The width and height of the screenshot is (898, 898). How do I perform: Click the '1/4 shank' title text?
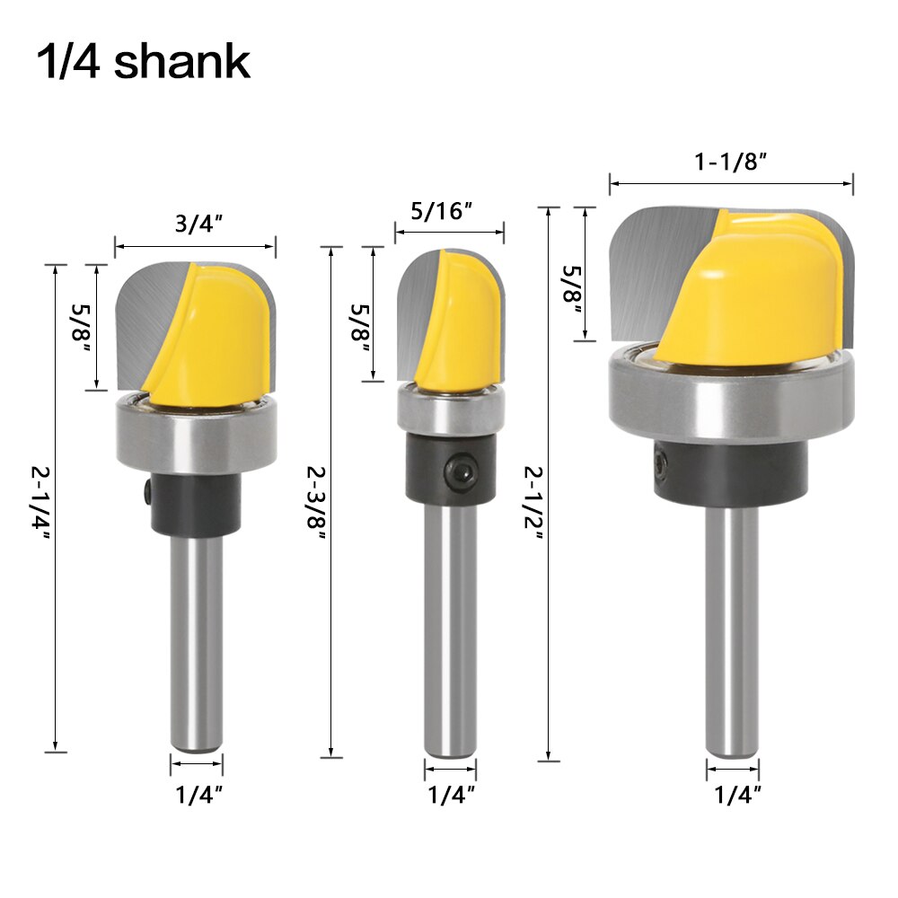[144, 62]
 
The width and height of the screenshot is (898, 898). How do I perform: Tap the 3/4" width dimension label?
[198, 224]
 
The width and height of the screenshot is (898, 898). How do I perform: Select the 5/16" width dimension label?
[442, 211]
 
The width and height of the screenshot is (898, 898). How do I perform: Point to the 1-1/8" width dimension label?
[730, 162]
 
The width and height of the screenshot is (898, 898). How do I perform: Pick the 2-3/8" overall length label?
[317, 504]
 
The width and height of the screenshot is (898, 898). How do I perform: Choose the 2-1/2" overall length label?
[533, 504]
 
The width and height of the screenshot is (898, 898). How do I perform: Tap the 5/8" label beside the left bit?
[81, 329]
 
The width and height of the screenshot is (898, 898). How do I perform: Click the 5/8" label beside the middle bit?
[360, 330]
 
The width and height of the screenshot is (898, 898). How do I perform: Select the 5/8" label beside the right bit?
[572, 290]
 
